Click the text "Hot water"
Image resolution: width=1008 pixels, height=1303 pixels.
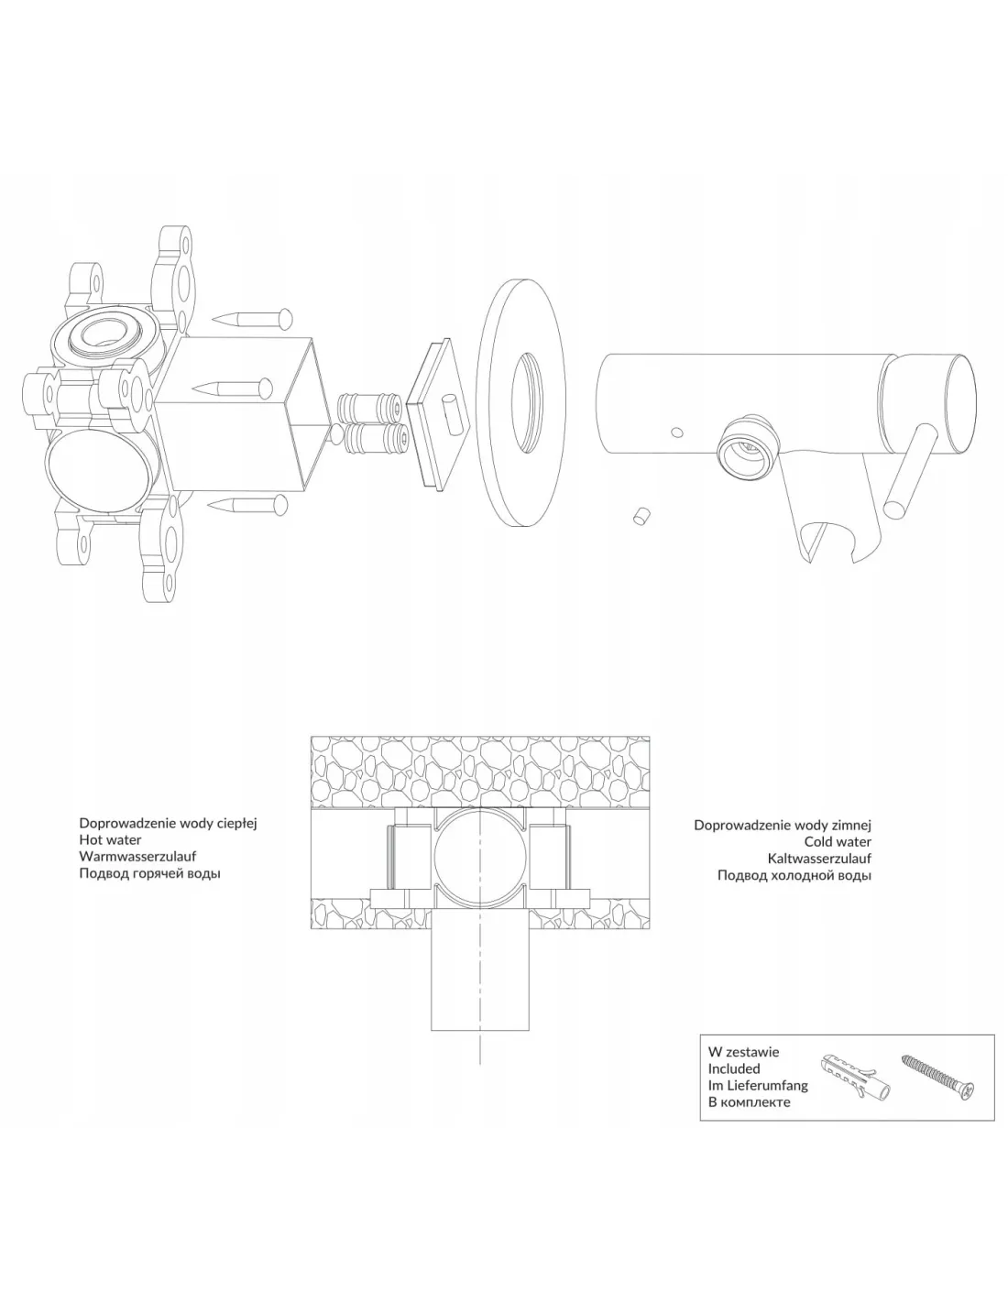pos(110,839)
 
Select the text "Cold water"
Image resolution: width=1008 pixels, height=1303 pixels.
pos(838,842)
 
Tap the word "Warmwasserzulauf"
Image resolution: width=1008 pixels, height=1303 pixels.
pos(137,856)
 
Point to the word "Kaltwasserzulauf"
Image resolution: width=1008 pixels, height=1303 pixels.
pos(819,859)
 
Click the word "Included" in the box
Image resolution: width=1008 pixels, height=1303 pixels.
pos(733,1068)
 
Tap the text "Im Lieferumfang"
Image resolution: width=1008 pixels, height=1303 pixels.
pos(757,1085)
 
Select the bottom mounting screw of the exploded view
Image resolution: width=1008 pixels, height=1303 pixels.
pos(247,503)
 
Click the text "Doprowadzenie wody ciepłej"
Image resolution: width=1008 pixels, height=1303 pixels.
pos(168,823)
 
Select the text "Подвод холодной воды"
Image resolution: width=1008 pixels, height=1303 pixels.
pos(794,875)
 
